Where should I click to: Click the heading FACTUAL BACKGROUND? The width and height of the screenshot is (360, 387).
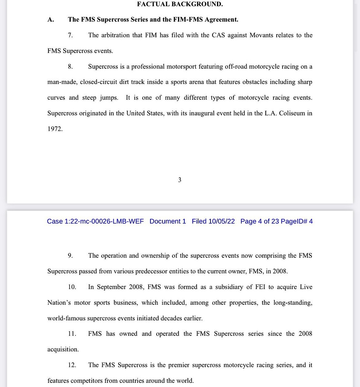(x=180, y=4)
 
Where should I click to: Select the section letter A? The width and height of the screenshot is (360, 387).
(x=50, y=20)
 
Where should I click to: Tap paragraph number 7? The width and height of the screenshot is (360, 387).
(x=70, y=35)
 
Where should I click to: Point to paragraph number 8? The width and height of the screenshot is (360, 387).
(x=70, y=67)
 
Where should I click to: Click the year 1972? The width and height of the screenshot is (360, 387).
(x=55, y=129)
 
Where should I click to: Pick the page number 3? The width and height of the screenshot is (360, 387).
(x=180, y=180)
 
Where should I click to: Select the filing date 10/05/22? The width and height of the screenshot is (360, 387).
(x=221, y=221)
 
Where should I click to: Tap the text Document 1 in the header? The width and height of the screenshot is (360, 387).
(x=168, y=221)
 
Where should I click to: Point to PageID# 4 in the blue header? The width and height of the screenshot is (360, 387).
(x=297, y=221)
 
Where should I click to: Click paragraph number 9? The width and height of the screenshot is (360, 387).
(x=70, y=256)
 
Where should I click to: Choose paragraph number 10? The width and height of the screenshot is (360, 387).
(x=72, y=287)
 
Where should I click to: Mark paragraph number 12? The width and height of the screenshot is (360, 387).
(x=72, y=365)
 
